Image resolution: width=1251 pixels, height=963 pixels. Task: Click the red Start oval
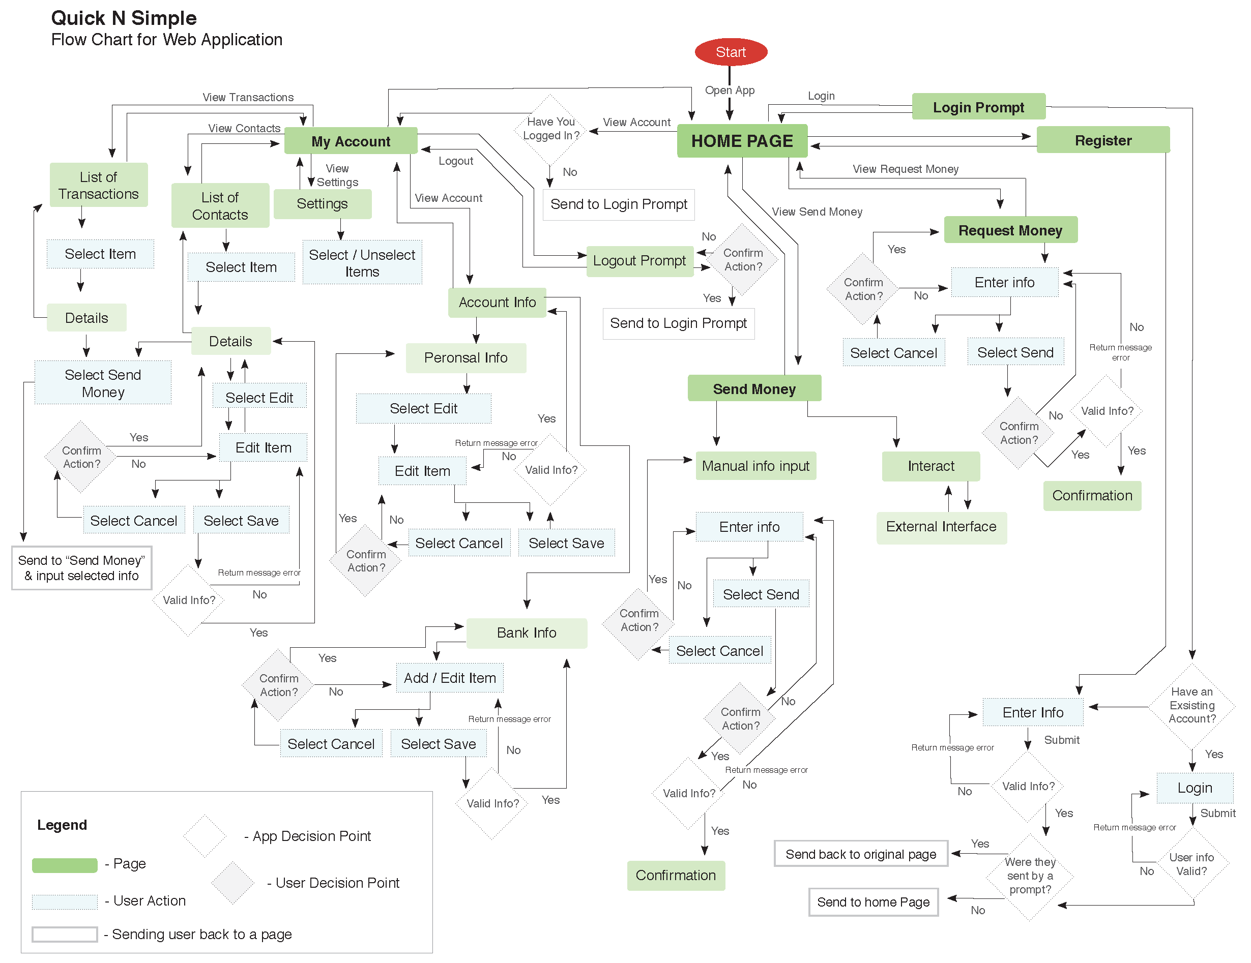point(731,52)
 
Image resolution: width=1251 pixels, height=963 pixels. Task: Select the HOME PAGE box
point(742,141)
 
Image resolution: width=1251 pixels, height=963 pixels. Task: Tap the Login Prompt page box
point(978,107)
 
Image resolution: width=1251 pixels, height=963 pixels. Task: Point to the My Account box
point(351,141)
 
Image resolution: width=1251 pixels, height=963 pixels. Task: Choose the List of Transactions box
point(99,185)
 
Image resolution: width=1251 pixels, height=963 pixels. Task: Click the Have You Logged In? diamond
point(550,129)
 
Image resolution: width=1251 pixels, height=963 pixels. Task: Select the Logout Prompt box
point(639,261)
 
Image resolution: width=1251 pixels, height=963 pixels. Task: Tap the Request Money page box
point(1010,230)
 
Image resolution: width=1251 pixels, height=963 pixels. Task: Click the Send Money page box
point(754,389)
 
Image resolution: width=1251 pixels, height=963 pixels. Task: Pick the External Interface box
point(941,527)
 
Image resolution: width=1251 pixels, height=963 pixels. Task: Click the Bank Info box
point(527,633)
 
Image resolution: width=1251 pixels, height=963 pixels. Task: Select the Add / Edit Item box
point(450,678)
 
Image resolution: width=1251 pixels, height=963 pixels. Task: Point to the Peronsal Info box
point(466,358)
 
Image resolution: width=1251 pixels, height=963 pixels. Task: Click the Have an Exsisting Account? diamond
point(1191,705)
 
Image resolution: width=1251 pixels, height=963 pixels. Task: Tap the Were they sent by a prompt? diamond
point(1029,876)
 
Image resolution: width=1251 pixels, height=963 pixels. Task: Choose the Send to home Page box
point(873,902)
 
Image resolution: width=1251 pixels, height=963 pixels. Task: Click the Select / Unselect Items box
point(362,263)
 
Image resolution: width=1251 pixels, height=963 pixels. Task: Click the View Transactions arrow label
point(248,97)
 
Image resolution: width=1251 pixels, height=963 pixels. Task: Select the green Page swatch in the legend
point(65,865)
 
